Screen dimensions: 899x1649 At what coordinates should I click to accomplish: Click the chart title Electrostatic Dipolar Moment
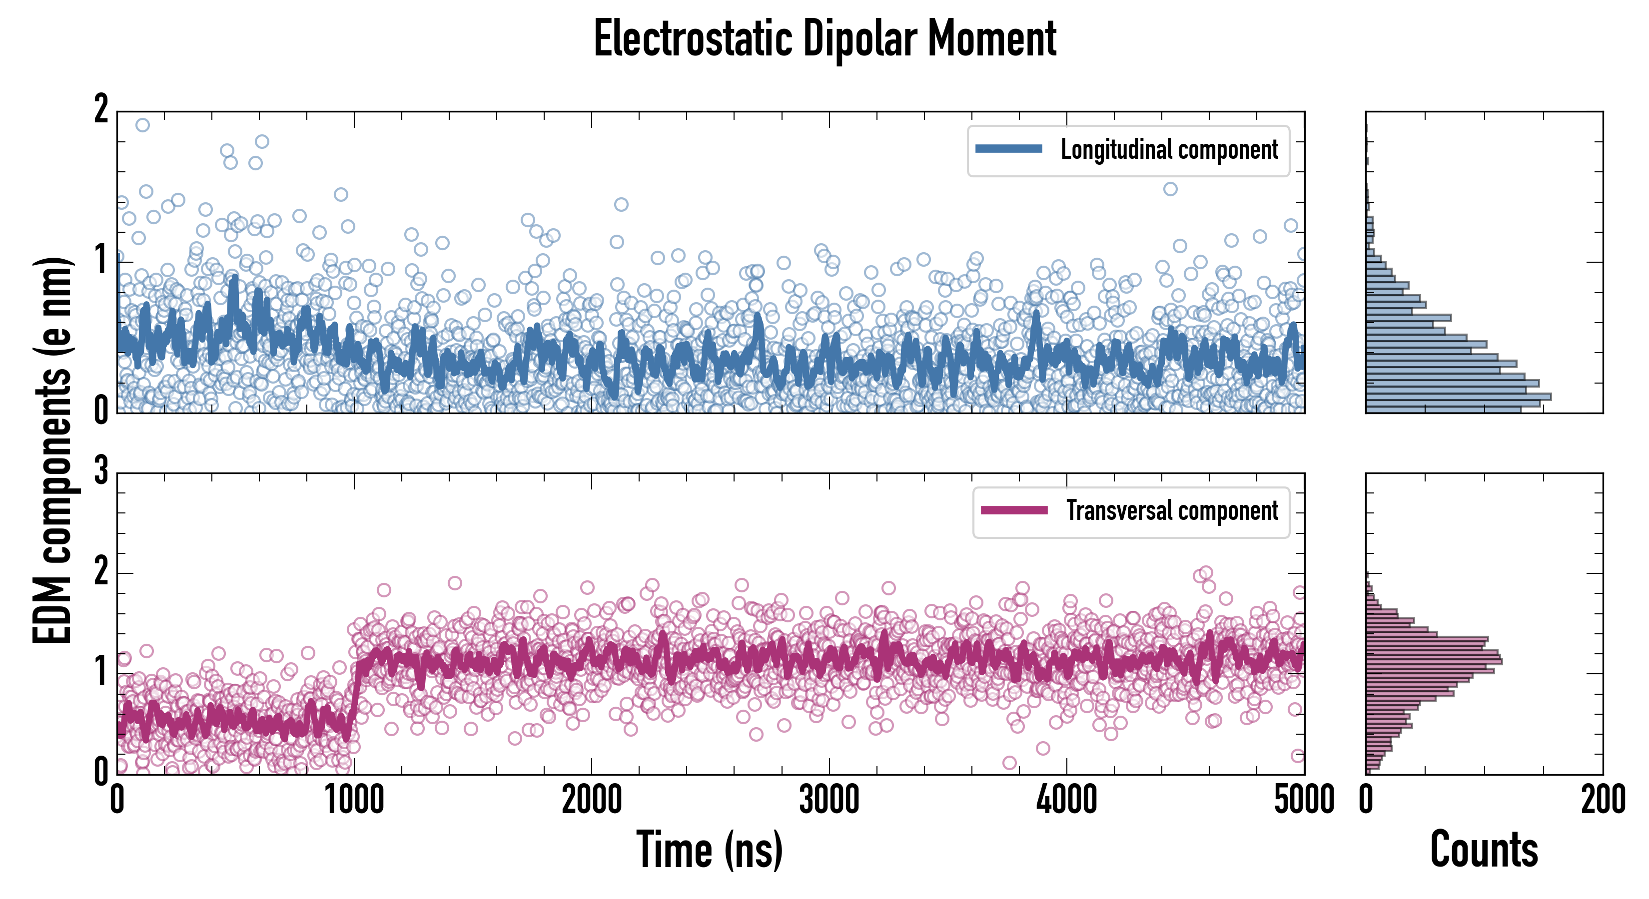pos(824,39)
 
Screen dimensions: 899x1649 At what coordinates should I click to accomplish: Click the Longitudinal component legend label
pos(1169,150)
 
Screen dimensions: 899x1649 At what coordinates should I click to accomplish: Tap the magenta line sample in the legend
pos(1014,510)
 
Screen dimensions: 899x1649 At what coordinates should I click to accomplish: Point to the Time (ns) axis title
pos(709,849)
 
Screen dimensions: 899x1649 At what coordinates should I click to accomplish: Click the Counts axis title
pos(1484,849)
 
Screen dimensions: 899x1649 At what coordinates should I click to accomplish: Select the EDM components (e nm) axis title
pos(52,450)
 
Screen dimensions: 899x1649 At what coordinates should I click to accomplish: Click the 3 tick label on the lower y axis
pos(101,472)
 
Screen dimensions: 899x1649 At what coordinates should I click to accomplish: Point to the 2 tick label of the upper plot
pos(101,110)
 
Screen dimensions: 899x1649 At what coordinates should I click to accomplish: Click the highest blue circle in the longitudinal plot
pos(143,125)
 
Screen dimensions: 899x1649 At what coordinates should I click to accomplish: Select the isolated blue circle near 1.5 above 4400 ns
pos(1170,189)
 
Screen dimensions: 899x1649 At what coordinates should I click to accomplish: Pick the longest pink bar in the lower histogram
pos(1434,661)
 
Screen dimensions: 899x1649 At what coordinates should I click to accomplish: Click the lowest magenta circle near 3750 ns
pos(1009,763)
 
